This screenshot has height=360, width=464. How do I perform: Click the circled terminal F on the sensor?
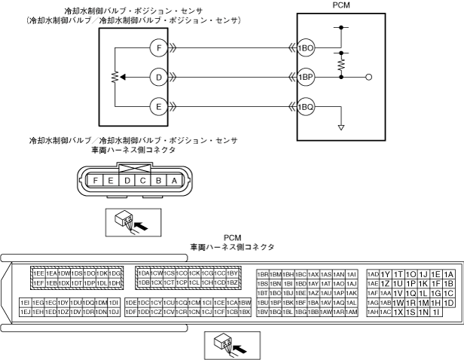click(x=158, y=47)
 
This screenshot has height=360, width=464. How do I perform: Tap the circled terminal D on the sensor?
click(x=158, y=77)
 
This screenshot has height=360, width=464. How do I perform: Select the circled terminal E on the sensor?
click(x=158, y=106)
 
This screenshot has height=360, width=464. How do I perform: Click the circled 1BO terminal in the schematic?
click(x=305, y=47)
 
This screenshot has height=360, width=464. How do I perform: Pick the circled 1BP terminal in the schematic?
click(x=305, y=77)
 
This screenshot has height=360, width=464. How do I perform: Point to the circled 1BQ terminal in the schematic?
click(x=305, y=106)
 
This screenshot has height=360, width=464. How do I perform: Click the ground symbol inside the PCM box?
click(x=340, y=127)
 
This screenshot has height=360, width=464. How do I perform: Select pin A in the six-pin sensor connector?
click(x=174, y=181)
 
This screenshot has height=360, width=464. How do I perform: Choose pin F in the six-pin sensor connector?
click(x=95, y=181)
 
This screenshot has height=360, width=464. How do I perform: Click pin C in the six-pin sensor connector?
click(x=142, y=181)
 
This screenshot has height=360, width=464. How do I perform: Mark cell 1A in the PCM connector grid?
click(x=449, y=274)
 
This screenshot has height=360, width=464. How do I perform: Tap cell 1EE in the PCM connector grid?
click(x=38, y=273)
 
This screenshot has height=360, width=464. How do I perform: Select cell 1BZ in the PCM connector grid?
click(x=234, y=283)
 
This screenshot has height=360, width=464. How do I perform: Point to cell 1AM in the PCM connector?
click(x=351, y=312)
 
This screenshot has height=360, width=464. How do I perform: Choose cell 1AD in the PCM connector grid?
click(x=373, y=274)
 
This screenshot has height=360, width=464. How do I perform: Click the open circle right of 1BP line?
click(x=369, y=77)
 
